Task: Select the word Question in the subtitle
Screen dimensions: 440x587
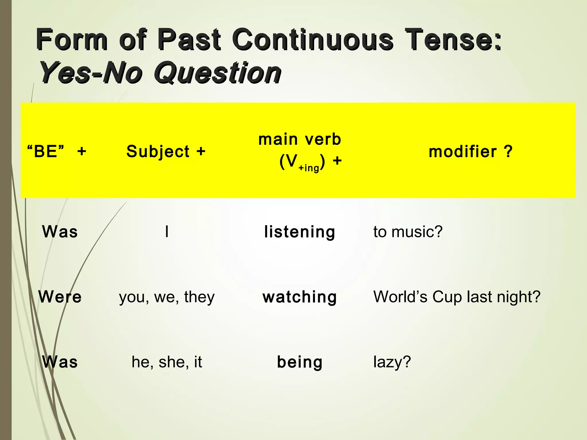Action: pos(218,73)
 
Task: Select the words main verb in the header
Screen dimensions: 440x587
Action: pos(300,140)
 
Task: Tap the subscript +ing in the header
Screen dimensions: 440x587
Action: pos(309,168)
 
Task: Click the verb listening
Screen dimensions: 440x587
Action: pos(300,232)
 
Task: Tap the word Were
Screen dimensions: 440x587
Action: pos(60,297)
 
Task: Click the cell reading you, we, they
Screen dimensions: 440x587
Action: pos(167,297)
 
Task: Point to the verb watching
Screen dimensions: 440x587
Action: pos(300,297)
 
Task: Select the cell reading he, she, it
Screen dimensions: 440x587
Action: pos(167,362)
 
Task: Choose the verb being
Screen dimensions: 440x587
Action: pos(300,362)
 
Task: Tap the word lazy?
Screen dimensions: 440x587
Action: pos(392,362)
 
